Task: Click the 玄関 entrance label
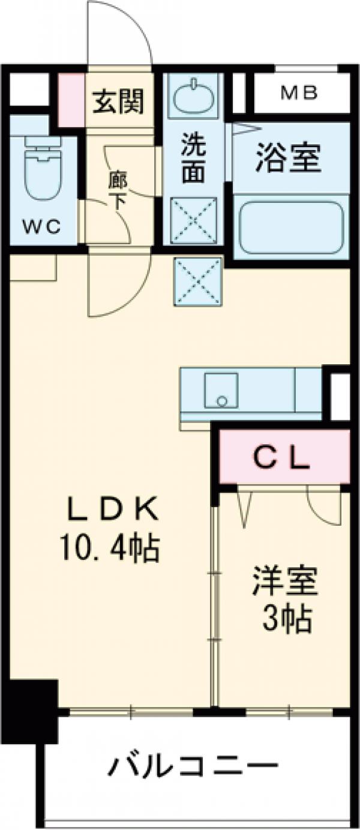[x=118, y=103]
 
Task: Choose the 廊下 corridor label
[x=118, y=190]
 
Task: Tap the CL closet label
[x=281, y=458]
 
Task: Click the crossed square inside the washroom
[x=193, y=221]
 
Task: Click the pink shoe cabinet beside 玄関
[x=71, y=100]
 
